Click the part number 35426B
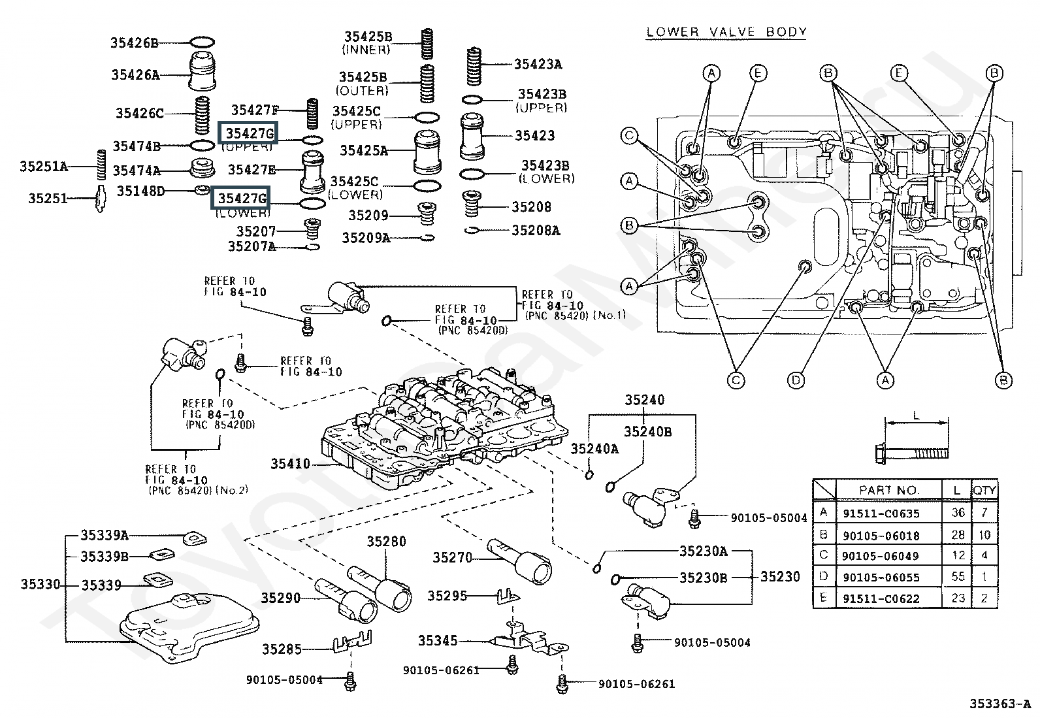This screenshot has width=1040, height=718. pos(134,43)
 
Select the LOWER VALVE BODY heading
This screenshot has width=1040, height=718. pos(726,31)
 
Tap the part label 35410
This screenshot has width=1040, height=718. pos(290,465)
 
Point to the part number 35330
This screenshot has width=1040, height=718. pos(40,584)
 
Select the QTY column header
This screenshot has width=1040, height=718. pos(984,490)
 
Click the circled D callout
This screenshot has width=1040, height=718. pos(796,380)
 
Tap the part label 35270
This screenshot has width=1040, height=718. pos(452,557)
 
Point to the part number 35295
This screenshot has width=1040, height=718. pos(447,595)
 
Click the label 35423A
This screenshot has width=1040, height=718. pos(538,64)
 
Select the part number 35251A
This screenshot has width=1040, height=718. pos(43,167)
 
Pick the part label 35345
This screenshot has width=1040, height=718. pos(438,641)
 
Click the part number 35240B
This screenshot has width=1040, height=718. pos(647,432)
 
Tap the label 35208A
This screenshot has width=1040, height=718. pos(536,230)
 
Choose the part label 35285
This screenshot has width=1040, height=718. pos(282,649)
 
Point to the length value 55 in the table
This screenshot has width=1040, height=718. pos(958,576)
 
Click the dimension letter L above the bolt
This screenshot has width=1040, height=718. pos(916,415)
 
